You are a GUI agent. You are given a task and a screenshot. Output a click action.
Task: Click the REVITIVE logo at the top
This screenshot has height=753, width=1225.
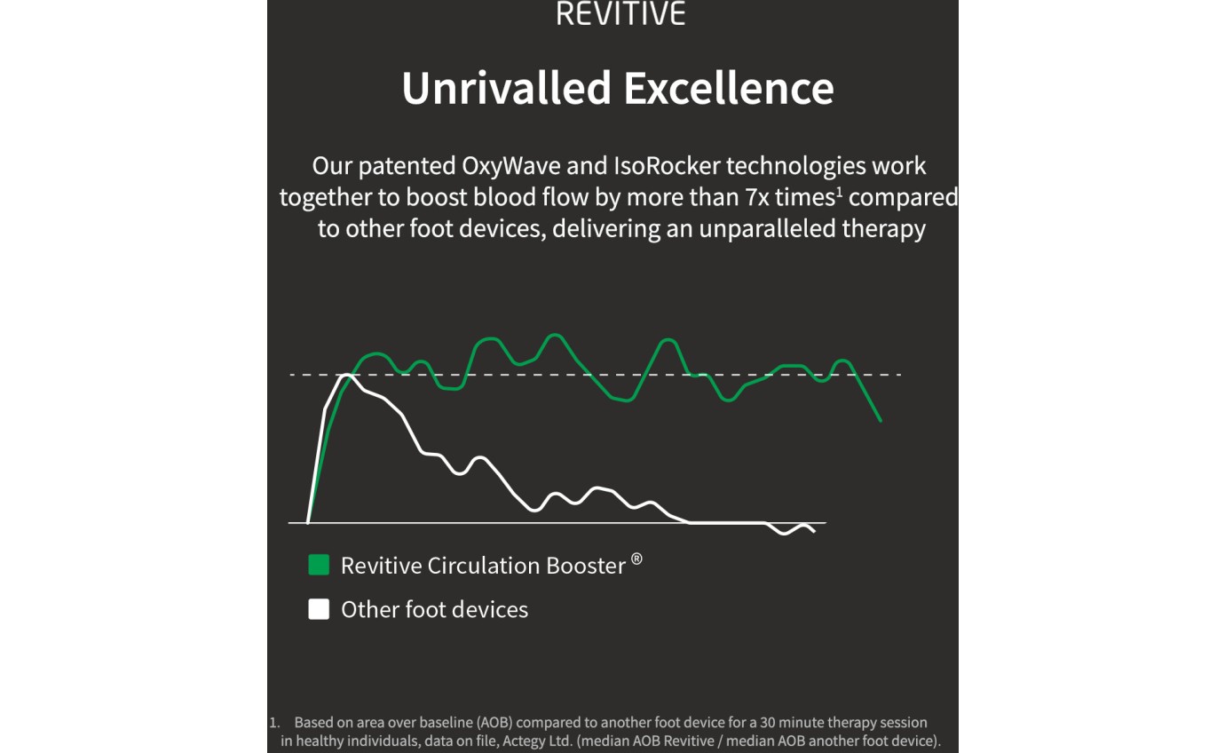point(620,13)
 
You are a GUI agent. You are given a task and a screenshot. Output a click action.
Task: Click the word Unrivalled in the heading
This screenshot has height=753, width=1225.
point(506,88)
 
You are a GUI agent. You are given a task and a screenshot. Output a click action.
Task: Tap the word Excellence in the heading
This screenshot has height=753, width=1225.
point(729,88)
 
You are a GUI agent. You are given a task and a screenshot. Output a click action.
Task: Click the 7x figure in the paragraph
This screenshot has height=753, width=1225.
point(757,197)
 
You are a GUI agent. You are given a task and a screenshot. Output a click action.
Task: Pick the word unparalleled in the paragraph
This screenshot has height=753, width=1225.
point(767,229)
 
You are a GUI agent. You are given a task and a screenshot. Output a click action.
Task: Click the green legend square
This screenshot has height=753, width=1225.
point(319,565)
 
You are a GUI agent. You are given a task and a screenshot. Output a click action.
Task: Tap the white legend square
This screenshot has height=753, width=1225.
point(319,609)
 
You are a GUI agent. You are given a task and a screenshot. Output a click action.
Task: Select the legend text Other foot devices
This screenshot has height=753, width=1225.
point(435,610)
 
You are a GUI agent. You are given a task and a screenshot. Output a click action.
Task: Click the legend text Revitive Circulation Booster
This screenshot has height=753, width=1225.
point(483,566)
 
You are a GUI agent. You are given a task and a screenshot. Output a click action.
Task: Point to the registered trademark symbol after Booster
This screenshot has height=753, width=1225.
point(636,559)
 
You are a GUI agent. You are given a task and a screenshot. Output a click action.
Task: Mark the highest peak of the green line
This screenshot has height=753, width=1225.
point(555,335)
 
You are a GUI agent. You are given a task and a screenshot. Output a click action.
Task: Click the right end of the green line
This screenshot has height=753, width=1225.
point(881,421)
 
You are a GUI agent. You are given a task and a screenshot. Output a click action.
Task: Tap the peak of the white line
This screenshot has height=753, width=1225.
point(346,375)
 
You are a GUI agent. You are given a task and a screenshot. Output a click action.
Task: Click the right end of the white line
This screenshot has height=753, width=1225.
point(815,531)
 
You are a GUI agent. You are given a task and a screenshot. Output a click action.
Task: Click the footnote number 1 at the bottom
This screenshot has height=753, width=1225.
point(273,723)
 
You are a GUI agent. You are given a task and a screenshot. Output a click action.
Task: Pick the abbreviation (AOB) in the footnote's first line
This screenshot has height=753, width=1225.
point(495,722)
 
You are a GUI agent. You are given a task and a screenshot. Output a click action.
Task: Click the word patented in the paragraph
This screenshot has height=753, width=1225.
point(407,166)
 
